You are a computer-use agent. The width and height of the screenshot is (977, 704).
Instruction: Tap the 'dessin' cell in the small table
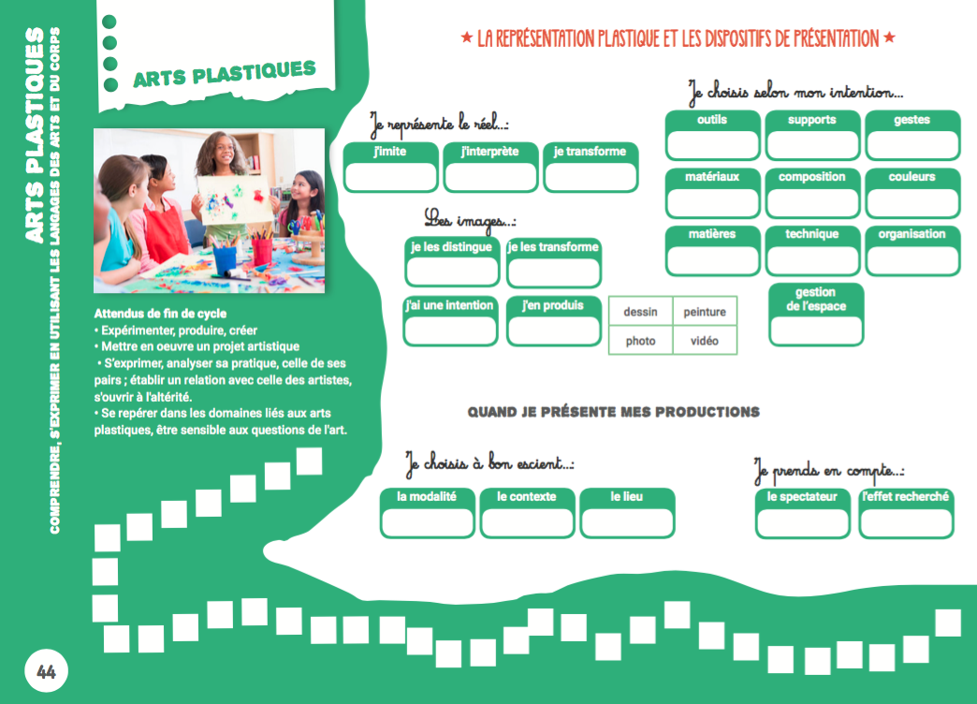[640, 313]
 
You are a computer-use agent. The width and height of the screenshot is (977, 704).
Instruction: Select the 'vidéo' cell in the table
[705, 341]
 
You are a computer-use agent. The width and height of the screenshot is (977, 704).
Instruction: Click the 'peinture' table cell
[705, 313]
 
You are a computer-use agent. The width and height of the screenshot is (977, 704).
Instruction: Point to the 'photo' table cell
[640, 341]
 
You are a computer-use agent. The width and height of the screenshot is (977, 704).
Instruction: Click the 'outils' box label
[712, 120]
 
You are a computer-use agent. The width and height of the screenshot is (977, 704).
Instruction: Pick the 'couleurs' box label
[912, 177]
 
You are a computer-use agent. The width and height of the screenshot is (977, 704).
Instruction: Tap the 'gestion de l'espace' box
[816, 300]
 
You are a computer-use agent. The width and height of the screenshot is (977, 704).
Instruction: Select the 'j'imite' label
[389, 152]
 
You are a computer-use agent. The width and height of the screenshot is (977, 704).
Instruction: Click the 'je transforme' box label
[590, 152]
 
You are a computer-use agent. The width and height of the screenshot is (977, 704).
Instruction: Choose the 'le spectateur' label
[802, 497]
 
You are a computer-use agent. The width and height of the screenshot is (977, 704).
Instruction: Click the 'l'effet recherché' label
[905, 497]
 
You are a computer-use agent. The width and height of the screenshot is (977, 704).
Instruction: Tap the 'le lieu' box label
[627, 497]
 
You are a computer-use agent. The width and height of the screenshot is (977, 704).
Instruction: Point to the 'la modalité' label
[427, 497]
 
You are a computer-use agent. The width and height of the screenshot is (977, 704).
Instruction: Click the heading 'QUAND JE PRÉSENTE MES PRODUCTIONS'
[613, 412]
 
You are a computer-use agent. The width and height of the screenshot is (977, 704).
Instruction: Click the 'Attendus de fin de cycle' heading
[160, 314]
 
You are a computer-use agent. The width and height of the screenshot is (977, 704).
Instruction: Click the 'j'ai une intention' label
[449, 305]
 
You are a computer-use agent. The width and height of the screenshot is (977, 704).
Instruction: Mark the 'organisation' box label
[912, 234]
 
